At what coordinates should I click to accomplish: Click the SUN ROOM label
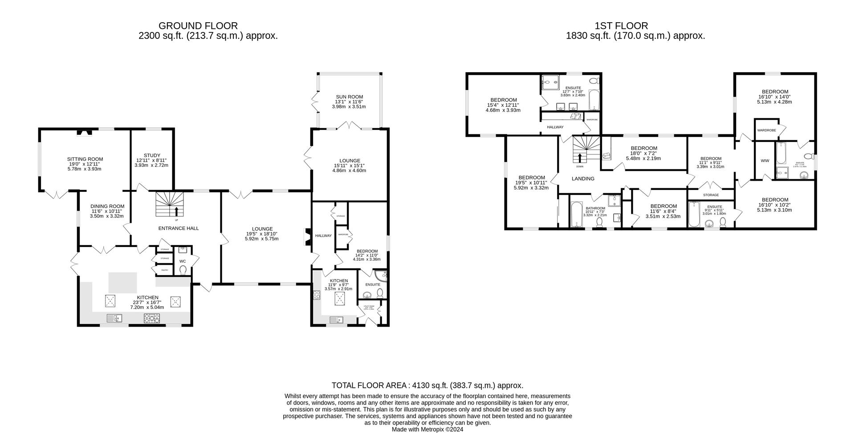[x=349, y=97]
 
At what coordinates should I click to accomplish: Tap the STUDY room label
[x=152, y=155]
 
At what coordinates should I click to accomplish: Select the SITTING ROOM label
[x=85, y=159]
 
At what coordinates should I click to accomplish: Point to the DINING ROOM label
[x=107, y=206]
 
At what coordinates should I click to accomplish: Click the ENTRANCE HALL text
[x=179, y=228]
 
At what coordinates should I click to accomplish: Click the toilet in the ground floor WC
[x=183, y=270]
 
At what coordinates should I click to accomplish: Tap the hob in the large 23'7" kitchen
[x=152, y=318]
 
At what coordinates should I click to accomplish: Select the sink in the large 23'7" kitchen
[x=114, y=318]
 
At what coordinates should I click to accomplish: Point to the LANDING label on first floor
[x=583, y=178]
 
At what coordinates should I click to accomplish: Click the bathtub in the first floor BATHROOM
[x=576, y=215]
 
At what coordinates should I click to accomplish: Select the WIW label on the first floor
[x=765, y=161]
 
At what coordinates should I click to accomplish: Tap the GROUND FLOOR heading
[x=198, y=26]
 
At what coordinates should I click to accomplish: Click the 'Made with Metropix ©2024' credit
[x=427, y=429]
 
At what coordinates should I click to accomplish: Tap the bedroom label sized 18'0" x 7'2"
[x=643, y=148]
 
